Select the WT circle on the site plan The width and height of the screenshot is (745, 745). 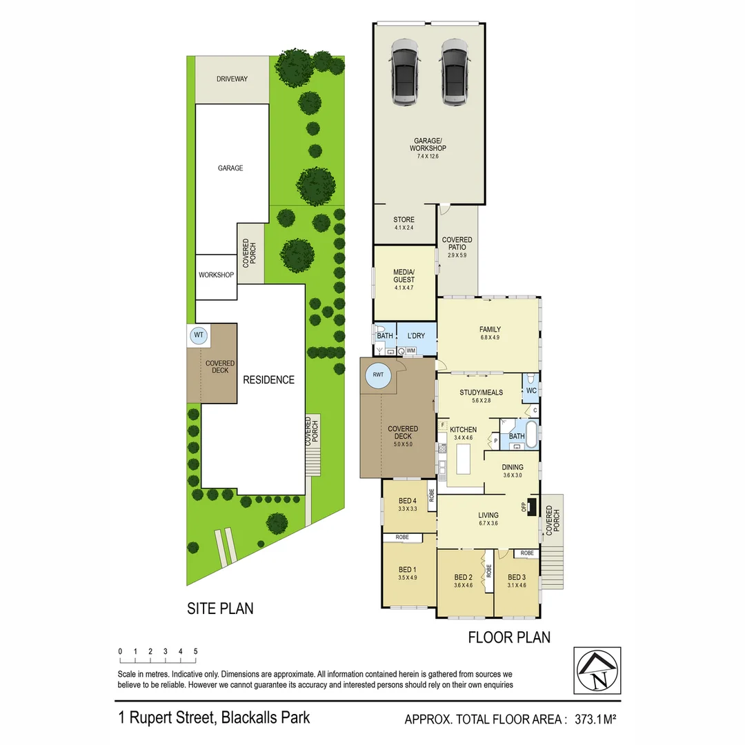[x=199, y=336]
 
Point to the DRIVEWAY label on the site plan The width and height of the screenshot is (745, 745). [x=232, y=79]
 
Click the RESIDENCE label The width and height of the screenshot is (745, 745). [x=268, y=380]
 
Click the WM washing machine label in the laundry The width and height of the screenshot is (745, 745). [x=411, y=351]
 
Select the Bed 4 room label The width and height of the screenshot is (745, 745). [x=408, y=501]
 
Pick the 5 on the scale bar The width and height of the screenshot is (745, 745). [x=195, y=651]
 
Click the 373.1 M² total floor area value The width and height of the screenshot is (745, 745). [x=590, y=719]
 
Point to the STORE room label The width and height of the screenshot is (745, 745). [x=404, y=220]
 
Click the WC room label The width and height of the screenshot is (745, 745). [x=531, y=390]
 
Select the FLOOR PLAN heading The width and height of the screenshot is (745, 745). [x=509, y=637]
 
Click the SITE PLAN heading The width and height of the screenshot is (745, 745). [x=220, y=608]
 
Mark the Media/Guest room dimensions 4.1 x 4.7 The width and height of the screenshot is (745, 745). [x=404, y=288]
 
